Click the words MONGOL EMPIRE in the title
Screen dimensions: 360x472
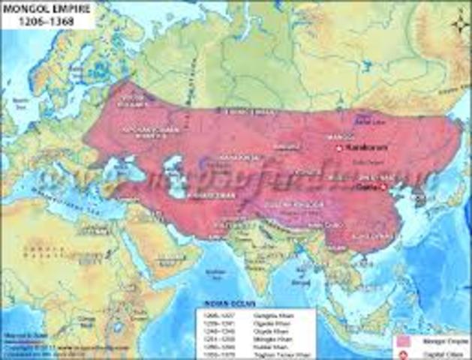[x=35, y=8]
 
